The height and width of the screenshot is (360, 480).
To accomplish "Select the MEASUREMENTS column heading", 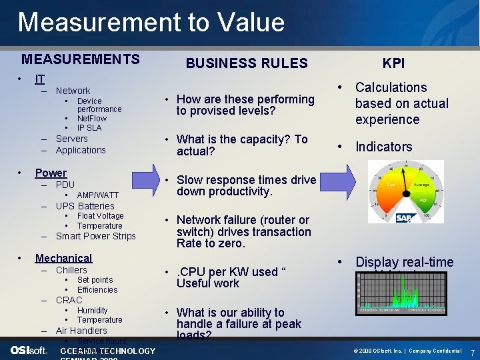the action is click(81, 59).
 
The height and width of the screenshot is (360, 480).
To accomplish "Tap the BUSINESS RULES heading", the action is click(247, 63).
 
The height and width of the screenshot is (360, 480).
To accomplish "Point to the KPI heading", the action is click(393, 63).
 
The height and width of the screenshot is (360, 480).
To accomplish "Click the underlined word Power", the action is click(51, 173).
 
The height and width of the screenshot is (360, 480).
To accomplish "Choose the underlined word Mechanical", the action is click(63, 258).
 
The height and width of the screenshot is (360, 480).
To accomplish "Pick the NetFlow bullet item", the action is click(91, 118).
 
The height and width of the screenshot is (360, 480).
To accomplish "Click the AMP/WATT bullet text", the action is click(98, 195).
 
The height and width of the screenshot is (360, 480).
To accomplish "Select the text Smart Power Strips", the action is click(95, 236).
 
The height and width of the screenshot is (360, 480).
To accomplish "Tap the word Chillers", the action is click(71, 270).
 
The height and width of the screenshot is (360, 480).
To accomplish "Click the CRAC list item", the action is click(69, 300).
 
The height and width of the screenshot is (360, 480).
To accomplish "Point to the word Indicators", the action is click(383, 147).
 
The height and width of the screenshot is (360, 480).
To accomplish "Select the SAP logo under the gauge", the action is click(404, 218).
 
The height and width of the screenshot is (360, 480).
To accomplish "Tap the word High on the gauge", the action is click(424, 199).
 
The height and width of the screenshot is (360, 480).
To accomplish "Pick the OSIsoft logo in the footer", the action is click(29, 351).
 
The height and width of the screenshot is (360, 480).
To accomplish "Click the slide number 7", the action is click(472, 351).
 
